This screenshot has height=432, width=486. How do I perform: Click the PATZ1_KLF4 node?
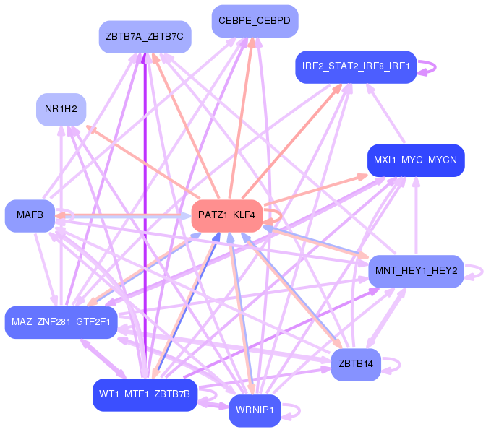(x=226, y=216)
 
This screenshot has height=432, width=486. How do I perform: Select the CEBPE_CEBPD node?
(x=255, y=21)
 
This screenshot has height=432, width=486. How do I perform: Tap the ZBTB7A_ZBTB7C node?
(x=144, y=37)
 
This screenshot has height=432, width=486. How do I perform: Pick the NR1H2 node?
(x=61, y=109)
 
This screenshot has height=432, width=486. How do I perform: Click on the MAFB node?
(x=30, y=215)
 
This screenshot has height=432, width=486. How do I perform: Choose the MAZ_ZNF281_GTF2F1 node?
(x=61, y=322)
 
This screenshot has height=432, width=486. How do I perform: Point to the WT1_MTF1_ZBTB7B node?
(x=145, y=394)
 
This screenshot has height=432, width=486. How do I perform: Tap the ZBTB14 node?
(x=355, y=364)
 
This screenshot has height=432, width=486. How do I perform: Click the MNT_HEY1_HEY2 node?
(x=415, y=271)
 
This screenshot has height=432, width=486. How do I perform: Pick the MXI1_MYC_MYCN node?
(x=415, y=160)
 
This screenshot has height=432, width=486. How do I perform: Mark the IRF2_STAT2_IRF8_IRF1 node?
(x=356, y=66)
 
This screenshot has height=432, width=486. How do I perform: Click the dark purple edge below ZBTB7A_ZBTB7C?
(x=145, y=217)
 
